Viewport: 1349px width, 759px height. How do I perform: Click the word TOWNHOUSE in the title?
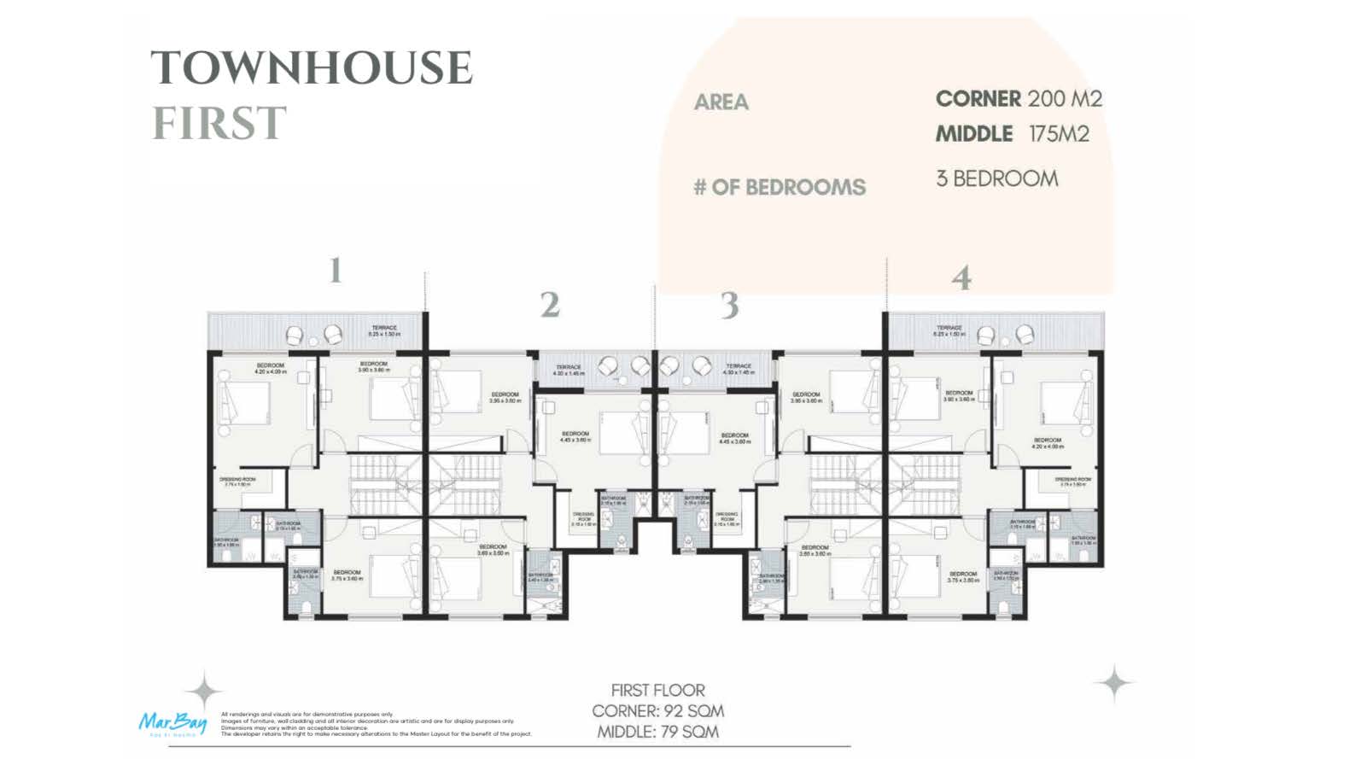[x=312, y=68]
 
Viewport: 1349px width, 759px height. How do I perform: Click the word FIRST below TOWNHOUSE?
[x=219, y=124]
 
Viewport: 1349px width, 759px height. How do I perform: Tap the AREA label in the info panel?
[x=721, y=102]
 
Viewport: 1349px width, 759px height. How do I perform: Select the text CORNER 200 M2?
[x=1019, y=99]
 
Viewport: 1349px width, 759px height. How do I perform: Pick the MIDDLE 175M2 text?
[x=1012, y=134]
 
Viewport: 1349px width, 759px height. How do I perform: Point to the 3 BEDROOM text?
[x=996, y=178]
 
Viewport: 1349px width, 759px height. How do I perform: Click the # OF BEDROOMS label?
[x=779, y=188]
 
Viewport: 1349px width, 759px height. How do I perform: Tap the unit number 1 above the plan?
[x=336, y=271]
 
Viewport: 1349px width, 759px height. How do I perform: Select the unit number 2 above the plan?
[x=549, y=305]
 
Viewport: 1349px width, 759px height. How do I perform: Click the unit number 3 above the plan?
[x=728, y=305]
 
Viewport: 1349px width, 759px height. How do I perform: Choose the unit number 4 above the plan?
[x=961, y=278]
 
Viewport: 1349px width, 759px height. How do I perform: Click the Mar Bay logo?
[x=172, y=722]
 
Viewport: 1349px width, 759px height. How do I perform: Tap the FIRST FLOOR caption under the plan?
[x=657, y=690]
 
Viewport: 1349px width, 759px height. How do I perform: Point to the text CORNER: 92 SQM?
[x=657, y=711]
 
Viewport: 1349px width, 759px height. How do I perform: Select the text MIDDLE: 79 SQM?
[x=657, y=732]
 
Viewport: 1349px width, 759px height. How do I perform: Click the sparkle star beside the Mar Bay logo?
[x=204, y=690]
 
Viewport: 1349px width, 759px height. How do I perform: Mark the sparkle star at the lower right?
[x=1114, y=683]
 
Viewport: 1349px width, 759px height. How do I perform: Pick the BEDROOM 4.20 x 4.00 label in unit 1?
[x=270, y=368]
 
